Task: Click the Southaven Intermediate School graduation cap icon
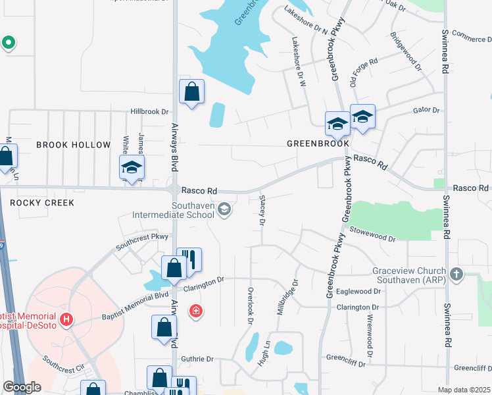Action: [x=224, y=209]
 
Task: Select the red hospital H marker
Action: [x=66, y=321]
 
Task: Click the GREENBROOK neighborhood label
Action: [x=318, y=144]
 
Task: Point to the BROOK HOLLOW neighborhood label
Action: [x=73, y=145]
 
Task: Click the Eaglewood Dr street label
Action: [x=359, y=291]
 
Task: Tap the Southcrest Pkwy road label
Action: [x=142, y=242]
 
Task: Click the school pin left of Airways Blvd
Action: [x=132, y=167]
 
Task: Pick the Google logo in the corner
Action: [x=22, y=387]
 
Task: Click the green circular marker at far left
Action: [x=9, y=43]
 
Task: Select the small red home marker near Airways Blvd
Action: [x=195, y=311]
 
